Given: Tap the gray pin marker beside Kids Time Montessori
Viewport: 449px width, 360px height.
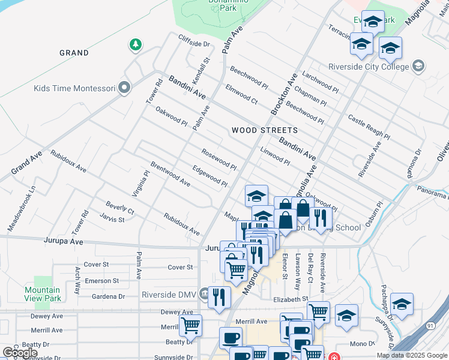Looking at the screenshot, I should coord(124,88).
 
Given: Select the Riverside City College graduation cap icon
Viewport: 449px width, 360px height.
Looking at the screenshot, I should coord(419,66).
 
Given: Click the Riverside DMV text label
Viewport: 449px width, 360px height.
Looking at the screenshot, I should coord(170,295).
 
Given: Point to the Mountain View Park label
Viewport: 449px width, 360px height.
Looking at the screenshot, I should coord(43,294).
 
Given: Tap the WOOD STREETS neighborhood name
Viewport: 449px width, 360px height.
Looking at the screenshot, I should coord(265,130).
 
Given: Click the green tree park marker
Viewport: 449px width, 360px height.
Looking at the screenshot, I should coord(136,44).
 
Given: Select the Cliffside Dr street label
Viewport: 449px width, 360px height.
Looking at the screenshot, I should coord(194,44).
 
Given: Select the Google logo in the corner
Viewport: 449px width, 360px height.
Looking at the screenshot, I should coord(20,353).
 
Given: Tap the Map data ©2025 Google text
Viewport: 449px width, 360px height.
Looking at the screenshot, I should coord(411,355).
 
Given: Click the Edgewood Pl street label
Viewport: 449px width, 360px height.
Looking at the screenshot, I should coord(209,176).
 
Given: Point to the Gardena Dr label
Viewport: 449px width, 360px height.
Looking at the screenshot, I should coord(109,296).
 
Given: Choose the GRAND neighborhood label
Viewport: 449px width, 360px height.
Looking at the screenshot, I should coord(74,53).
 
